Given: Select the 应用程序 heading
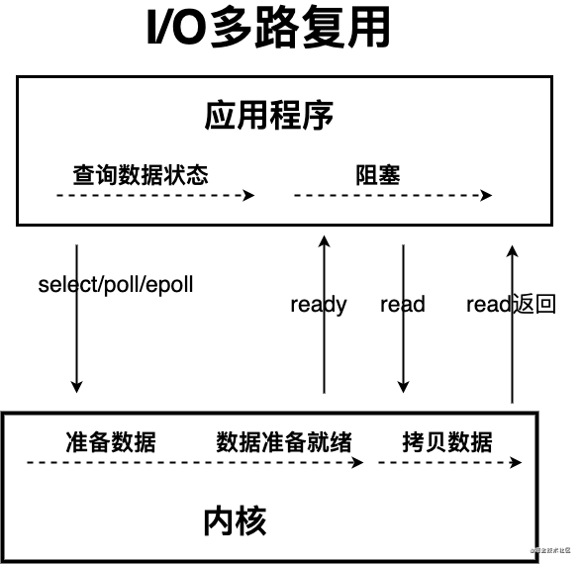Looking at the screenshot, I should pyautogui.click(x=269, y=115).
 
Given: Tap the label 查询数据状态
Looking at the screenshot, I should pyautogui.click(x=141, y=174).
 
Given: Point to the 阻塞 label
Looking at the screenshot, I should pyautogui.click(x=378, y=175).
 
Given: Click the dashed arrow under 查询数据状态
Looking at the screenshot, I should pyautogui.click(x=154, y=196).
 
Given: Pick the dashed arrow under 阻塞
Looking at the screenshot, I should pyautogui.click(x=392, y=196).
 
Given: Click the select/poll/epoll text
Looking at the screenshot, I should pyautogui.click(x=116, y=285).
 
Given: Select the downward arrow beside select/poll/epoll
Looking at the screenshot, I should pyautogui.click(x=77, y=317).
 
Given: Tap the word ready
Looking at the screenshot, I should pyautogui.click(x=318, y=304).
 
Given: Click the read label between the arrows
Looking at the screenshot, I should pyautogui.click(x=402, y=304).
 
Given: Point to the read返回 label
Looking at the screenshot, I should pyautogui.click(x=511, y=304).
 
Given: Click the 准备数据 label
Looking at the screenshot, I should pyautogui.click(x=110, y=441).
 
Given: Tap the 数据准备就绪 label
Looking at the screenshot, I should pyautogui.click(x=283, y=441).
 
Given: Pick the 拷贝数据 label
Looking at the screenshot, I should pyautogui.click(x=447, y=441).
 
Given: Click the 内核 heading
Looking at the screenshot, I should pyautogui.click(x=235, y=518).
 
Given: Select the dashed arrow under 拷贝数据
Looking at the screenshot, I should pyautogui.click(x=448, y=462).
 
